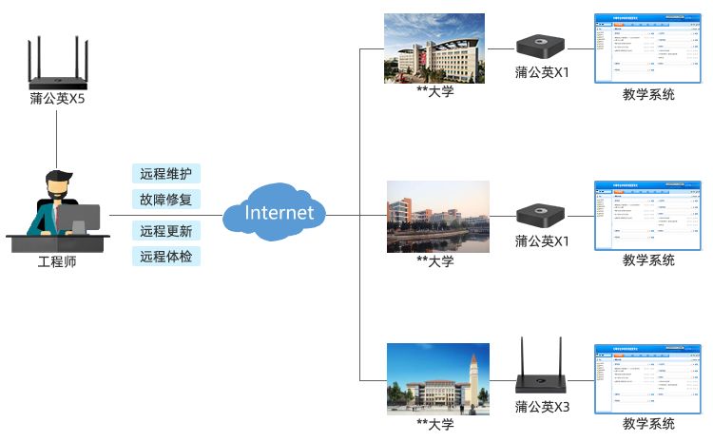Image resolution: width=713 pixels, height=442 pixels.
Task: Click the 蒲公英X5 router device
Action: (x=57, y=67)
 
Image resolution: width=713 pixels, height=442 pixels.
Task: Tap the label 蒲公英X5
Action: (x=57, y=98)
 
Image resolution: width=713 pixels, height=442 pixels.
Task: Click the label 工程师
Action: (x=57, y=261)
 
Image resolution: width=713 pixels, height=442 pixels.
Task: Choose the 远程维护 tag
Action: (x=165, y=174)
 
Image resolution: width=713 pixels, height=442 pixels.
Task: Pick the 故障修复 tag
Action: (x=165, y=200)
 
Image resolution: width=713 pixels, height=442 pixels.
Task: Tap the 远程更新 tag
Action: (x=165, y=231)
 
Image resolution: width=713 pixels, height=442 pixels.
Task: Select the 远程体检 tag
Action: (x=165, y=256)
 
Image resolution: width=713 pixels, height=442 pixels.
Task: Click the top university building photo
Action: (x=434, y=48)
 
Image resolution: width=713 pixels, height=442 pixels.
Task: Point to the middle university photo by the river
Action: (x=437, y=217)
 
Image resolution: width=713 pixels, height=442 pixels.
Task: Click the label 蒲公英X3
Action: (x=542, y=407)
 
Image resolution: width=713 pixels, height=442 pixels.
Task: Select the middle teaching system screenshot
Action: (x=648, y=214)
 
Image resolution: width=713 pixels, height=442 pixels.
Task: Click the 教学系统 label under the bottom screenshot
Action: (x=648, y=424)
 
